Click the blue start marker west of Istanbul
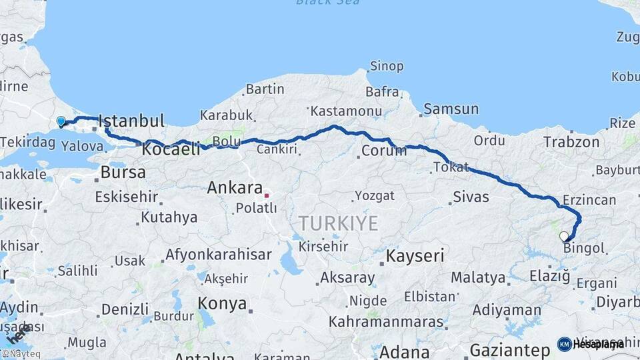[x=61, y=121]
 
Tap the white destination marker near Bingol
[x=564, y=236]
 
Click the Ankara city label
[x=234, y=187]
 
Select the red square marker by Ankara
[x=267, y=195]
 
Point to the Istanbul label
[x=131, y=121]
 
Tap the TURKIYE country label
[x=338, y=223]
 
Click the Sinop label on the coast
[x=387, y=66]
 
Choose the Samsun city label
[x=451, y=109]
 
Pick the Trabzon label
[x=571, y=142]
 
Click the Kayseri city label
[x=415, y=255]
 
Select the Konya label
[x=222, y=304]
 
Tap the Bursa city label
[x=123, y=173]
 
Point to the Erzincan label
[x=589, y=199]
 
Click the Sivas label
[x=471, y=197]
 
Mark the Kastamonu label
[x=346, y=111]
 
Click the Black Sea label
[x=328, y=3]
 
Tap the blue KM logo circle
[x=564, y=344]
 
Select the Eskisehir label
[x=127, y=197]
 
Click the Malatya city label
[x=478, y=277]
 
